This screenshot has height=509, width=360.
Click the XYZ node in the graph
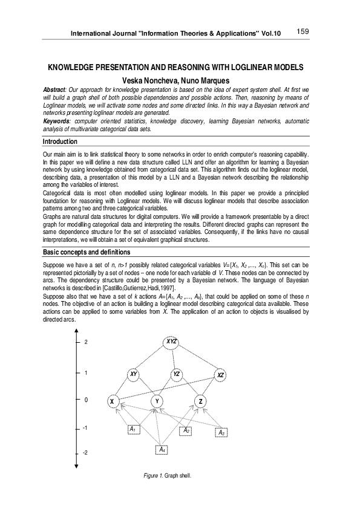click(172, 342)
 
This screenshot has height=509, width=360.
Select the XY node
click(133, 374)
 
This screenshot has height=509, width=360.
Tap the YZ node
click(177, 374)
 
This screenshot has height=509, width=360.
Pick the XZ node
click(221, 375)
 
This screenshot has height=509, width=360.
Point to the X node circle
click(112, 401)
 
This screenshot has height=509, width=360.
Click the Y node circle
click(157, 401)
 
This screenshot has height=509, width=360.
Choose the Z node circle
click(200, 401)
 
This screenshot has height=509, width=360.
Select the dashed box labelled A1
click(134, 429)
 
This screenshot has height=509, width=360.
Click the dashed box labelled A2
click(187, 430)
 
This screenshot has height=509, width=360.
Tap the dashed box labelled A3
click(221, 432)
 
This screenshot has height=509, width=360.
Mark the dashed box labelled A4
click(161, 449)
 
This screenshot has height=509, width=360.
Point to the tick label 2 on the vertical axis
click(86, 342)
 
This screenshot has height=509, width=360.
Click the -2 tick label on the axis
click(85, 452)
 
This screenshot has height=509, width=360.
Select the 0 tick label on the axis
click(86, 400)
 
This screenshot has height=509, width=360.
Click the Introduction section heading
click(59, 141)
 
